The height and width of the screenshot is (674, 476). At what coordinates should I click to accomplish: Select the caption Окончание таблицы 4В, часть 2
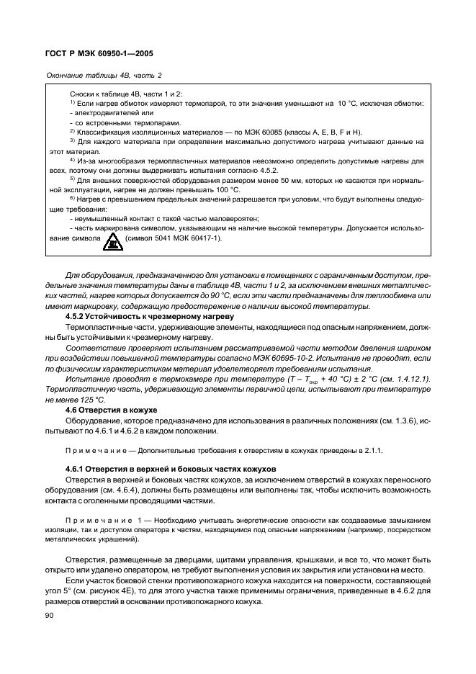coord(104,75)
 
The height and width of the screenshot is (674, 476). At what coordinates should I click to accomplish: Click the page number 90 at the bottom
coord(50,616)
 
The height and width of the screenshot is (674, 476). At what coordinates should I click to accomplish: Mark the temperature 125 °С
coord(89,400)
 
